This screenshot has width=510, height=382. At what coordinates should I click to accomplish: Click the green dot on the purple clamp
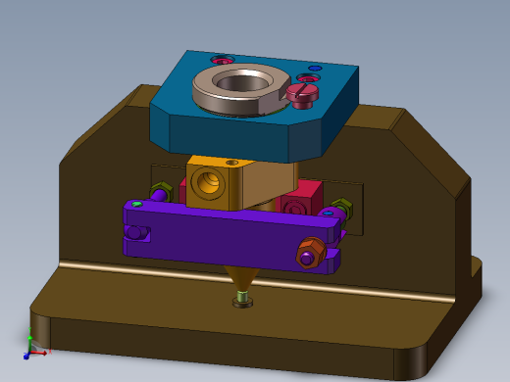pos(137,204)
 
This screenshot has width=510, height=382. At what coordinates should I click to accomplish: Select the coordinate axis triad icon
pos(33,347)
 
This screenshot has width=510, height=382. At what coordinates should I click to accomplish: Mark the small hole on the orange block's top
pos(231,162)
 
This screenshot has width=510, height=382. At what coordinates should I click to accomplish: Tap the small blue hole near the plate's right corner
pos(314,69)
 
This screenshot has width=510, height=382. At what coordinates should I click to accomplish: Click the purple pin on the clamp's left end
pos(134,233)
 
